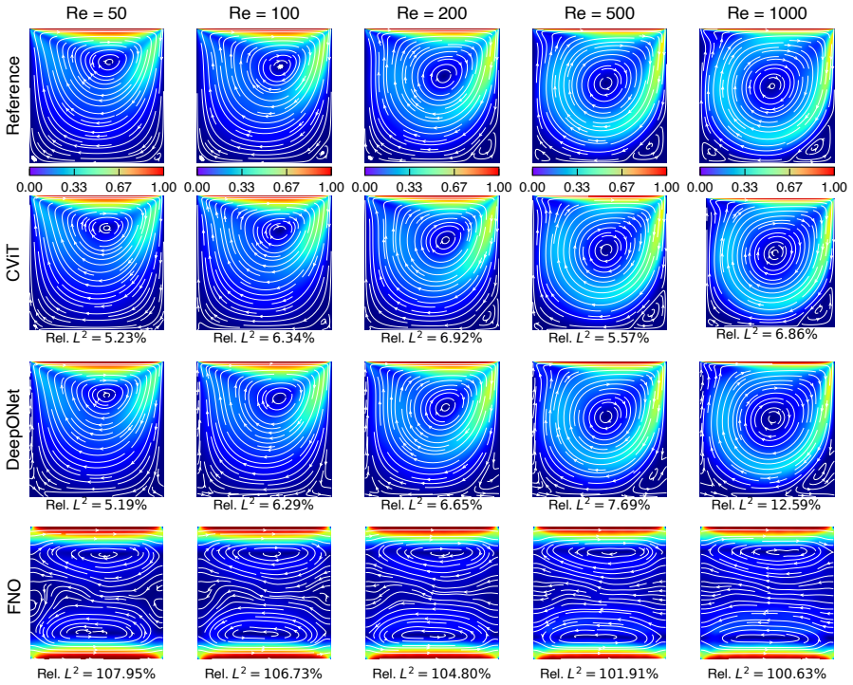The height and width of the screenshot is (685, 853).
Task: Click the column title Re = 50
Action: (x=96, y=13)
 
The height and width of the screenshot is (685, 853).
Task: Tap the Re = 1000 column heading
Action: (x=767, y=13)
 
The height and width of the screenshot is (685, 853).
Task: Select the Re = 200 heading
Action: (x=432, y=13)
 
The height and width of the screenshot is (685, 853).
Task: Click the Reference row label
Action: (x=13, y=96)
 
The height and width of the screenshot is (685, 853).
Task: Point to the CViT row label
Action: (x=13, y=264)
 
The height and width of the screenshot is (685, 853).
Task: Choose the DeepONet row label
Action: (x=13, y=430)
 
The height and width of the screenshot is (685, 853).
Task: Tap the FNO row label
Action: (x=13, y=597)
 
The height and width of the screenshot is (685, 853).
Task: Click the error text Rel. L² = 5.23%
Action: (x=96, y=338)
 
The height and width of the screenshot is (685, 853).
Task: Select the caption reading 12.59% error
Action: (x=766, y=505)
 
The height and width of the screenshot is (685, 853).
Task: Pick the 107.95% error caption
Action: (x=96, y=674)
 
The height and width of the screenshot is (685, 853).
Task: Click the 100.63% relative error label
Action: (x=767, y=674)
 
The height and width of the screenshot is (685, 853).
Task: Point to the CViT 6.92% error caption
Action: (x=432, y=338)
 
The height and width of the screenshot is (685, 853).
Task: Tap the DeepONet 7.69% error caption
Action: (x=599, y=505)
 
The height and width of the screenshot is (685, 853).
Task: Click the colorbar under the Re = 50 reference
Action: (x=96, y=172)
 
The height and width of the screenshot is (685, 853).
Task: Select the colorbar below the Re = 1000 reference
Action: (x=767, y=172)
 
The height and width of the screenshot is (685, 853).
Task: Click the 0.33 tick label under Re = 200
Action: (x=409, y=187)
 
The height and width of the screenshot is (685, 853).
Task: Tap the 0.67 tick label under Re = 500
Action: (x=621, y=187)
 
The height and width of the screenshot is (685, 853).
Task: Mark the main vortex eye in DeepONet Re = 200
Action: (x=446, y=406)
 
